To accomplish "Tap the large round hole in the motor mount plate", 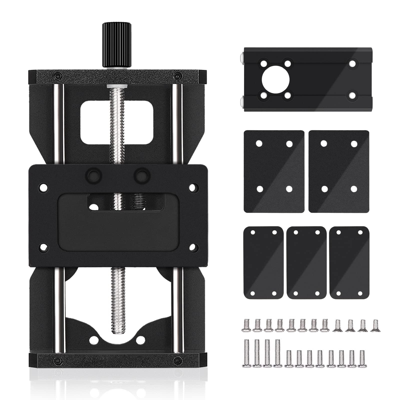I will pyautogui.click(x=275, y=80).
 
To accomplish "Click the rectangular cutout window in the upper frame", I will pyautogui.click(x=117, y=122).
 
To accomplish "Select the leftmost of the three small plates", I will pyautogui.click(x=263, y=262).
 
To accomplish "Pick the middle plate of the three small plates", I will pyautogui.click(x=306, y=262).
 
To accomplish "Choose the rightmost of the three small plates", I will pyautogui.click(x=349, y=262).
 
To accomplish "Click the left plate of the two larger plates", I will pyautogui.click(x=274, y=171).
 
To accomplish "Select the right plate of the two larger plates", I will pyautogui.click(x=339, y=171).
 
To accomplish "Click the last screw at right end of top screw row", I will pyautogui.click(x=375, y=325).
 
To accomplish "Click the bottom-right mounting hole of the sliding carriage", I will pyautogui.click(x=192, y=247).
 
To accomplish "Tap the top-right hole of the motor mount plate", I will pyautogui.click(x=352, y=64).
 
